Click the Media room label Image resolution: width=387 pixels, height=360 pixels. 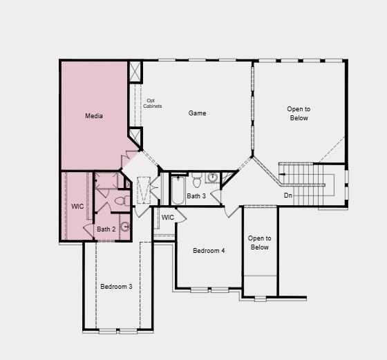pos(94,116)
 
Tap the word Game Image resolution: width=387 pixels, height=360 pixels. pos(198,113)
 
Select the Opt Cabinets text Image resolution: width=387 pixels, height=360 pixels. pos(153,103)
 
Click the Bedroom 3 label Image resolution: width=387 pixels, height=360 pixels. pos(116,286)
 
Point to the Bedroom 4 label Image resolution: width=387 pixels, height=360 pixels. pos(209,250)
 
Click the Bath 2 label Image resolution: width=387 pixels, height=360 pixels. pos(106,229)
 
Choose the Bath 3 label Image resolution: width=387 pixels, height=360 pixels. pos(196,196)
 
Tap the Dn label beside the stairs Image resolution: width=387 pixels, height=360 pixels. pos(288,196)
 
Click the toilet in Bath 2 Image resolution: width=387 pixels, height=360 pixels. pos(120,201)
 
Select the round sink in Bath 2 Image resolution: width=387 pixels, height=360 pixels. pos(125,226)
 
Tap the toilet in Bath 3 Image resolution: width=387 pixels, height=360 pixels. pos(197,180)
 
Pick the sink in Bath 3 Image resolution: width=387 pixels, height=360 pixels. pos(212,178)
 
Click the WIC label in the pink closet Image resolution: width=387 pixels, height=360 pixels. pos(77,207)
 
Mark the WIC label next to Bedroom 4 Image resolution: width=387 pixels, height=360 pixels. pos(168,218)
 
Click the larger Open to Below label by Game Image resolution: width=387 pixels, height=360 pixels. pos(299,113)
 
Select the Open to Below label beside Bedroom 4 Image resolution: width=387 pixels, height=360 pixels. pos(260,243)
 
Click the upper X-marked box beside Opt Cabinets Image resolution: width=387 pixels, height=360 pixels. pos(135,71)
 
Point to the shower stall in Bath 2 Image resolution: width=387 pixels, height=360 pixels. pos(107,181)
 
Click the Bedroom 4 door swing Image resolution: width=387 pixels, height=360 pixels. pos(232,211)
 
